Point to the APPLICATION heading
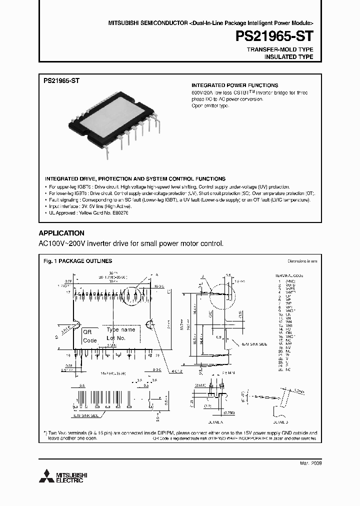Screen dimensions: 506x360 tap(61, 233)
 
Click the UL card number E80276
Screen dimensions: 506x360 tap(118, 213)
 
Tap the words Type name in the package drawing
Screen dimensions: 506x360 tap(121, 330)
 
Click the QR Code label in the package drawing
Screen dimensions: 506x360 tap(89, 336)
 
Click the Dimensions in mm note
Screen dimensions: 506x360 tap(302, 261)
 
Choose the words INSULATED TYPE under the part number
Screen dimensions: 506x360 tap(288, 57)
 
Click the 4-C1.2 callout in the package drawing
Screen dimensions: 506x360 tap(175, 372)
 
